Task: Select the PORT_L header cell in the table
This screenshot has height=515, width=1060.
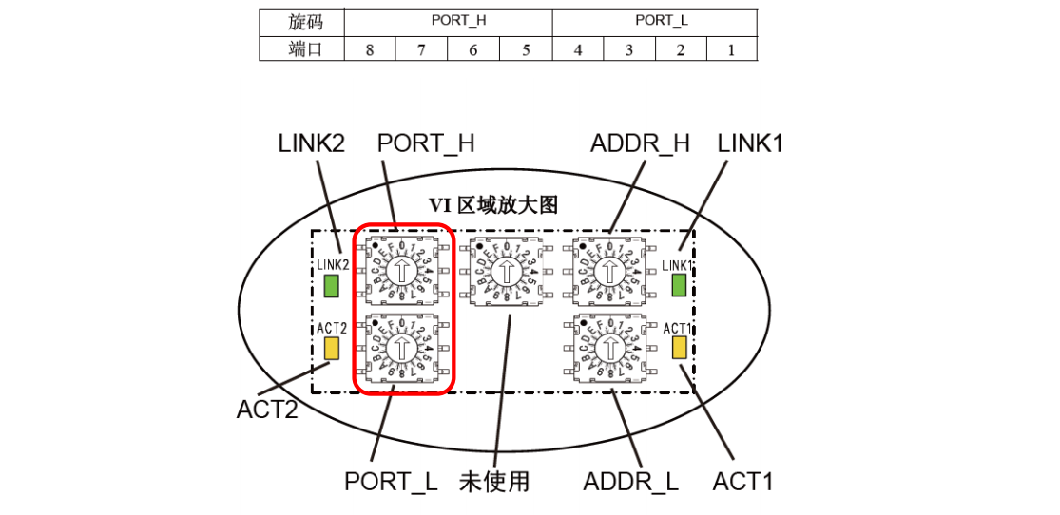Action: click(654, 21)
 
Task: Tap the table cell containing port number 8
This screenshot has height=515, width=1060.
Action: click(370, 49)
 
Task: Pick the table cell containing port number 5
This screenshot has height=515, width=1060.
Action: click(526, 49)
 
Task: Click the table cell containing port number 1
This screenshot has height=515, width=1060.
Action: click(731, 49)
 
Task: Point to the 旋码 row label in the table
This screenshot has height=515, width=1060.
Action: click(301, 21)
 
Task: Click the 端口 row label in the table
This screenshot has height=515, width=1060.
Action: click(301, 49)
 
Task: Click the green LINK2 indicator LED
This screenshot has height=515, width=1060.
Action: click(332, 286)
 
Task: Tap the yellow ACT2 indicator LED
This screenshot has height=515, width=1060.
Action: click(332, 348)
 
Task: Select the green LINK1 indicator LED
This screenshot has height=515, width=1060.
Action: click(679, 285)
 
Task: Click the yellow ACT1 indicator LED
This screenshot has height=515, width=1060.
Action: click(679, 347)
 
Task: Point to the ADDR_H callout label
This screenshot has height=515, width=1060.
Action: click(640, 144)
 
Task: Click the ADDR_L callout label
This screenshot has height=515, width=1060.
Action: click(631, 482)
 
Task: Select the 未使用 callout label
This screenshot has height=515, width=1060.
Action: click(493, 482)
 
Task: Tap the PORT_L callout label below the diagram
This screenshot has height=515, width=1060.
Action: click(391, 482)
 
